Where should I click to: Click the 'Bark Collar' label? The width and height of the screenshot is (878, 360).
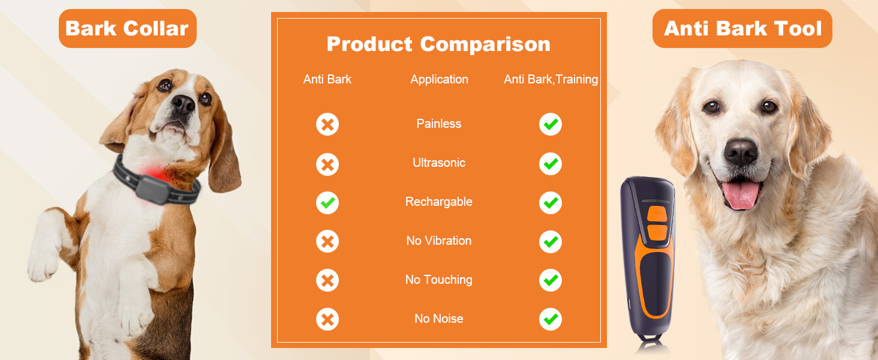click(127, 28)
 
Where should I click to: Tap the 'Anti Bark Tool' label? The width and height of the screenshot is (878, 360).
click(742, 28)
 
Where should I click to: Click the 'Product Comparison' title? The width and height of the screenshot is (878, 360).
click(438, 44)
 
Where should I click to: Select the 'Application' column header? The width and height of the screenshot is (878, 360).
click(439, 79)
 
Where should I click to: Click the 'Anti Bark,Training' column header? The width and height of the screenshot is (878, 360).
click(551, 79)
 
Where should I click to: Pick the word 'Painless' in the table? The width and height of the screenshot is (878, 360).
click(439, 124)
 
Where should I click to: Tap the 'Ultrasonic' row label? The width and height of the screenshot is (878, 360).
click(439, 163)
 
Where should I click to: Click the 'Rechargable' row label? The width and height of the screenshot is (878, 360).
click(439, 202)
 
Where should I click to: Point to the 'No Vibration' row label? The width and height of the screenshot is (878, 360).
click(439, 241)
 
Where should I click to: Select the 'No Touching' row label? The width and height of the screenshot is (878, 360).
click(439, 280)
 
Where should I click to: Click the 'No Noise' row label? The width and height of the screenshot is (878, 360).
click(439, 319)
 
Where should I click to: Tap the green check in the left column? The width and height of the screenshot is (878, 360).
click(327, 203)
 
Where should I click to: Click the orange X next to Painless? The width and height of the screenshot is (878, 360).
click(327, 125)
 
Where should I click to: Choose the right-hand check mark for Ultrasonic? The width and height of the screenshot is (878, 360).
click(550, 164)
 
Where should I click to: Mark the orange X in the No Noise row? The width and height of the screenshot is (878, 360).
click(327, 320)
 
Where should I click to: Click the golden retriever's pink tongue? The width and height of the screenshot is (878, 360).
click(742, 195)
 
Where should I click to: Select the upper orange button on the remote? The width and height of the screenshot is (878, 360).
click(657, 212)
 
